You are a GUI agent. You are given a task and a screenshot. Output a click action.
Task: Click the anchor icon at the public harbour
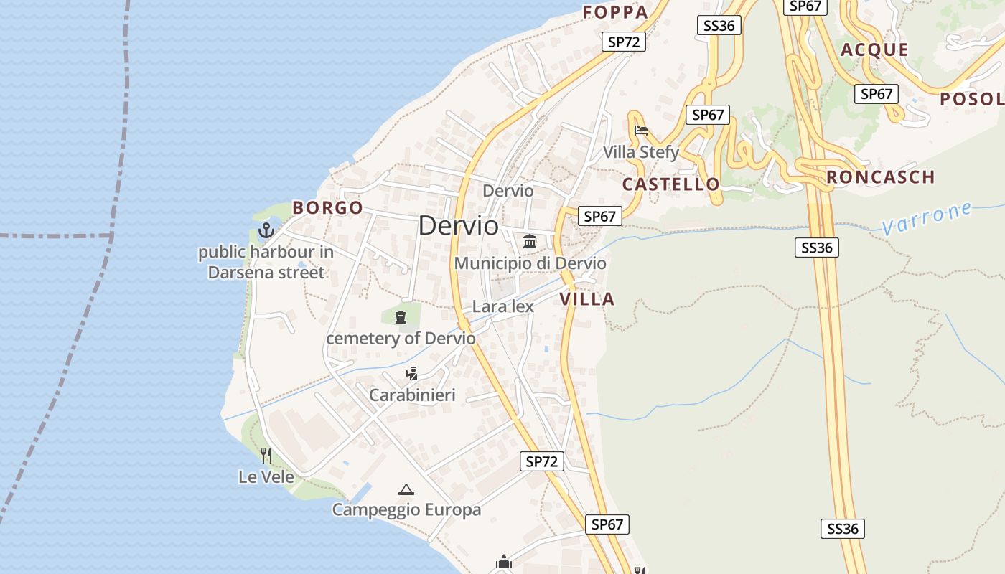coord(266,230)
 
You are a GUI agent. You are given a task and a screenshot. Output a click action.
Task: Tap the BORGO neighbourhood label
coord(327,208)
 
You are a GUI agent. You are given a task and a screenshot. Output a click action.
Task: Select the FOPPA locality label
coord(615,11)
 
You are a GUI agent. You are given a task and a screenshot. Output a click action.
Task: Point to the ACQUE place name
coord(874,50)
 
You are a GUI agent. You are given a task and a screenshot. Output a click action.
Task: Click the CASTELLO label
coord(670,184)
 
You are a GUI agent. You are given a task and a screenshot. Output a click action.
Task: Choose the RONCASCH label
coord(880,177)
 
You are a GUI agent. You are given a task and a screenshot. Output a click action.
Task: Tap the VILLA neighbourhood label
coord(587,299)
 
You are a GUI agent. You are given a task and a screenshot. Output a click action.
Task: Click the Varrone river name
coord(927,218)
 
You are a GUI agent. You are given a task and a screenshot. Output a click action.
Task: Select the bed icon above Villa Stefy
coord(641,131)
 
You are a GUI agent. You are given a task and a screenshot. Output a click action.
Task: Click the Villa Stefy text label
coord(640,152)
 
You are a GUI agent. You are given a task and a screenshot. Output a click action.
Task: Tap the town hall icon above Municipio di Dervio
coord(530,241)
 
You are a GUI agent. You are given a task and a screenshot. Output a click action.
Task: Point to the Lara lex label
coord(502,306)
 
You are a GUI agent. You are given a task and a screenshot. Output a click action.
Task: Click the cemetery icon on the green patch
coord(401,316)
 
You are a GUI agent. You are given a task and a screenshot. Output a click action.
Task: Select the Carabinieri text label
coord(412,395)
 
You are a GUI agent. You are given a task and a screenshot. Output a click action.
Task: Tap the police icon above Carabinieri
coord(411,373)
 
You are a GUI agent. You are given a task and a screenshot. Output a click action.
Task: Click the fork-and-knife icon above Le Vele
coord(266,455)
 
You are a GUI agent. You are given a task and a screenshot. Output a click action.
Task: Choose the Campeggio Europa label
coord(406,510)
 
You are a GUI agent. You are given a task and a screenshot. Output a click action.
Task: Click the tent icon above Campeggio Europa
coord(406,489)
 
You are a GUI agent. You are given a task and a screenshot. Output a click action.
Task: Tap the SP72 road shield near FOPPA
coord(623,42)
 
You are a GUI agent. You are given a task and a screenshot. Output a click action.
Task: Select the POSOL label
coord(971,99)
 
